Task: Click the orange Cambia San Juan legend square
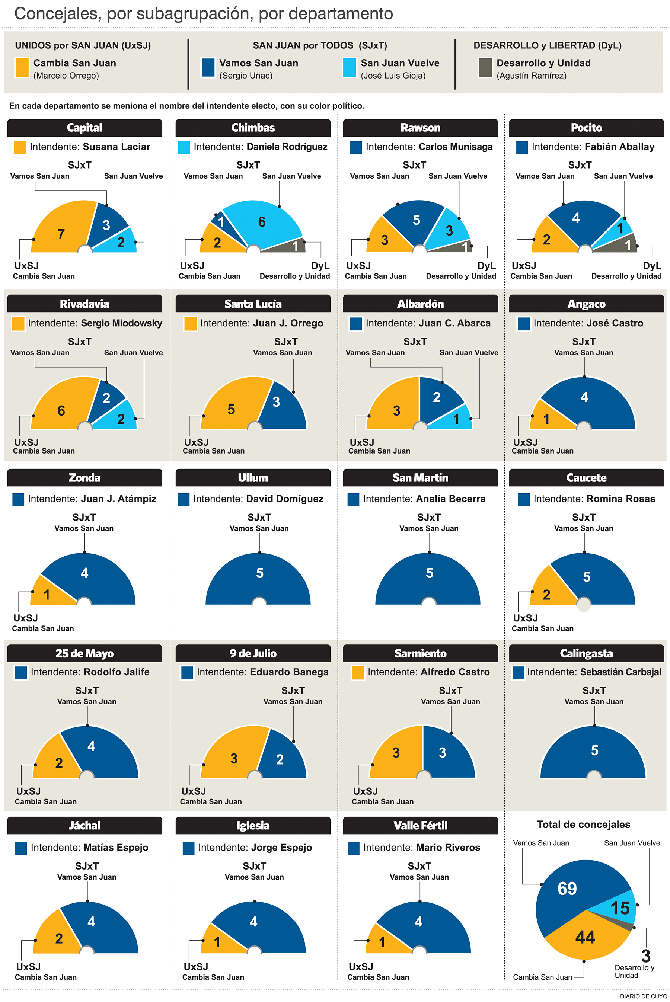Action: point(22,67)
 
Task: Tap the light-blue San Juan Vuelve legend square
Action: point(349,67)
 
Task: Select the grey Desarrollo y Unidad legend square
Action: point(485,67)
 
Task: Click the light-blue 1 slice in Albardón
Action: point(456,419)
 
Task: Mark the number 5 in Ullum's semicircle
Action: point(259,573)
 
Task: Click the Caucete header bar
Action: point(586,477)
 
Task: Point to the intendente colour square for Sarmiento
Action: point(357,672)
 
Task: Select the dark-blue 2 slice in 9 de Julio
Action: point(280,759)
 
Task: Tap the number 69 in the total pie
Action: point(567,889)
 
